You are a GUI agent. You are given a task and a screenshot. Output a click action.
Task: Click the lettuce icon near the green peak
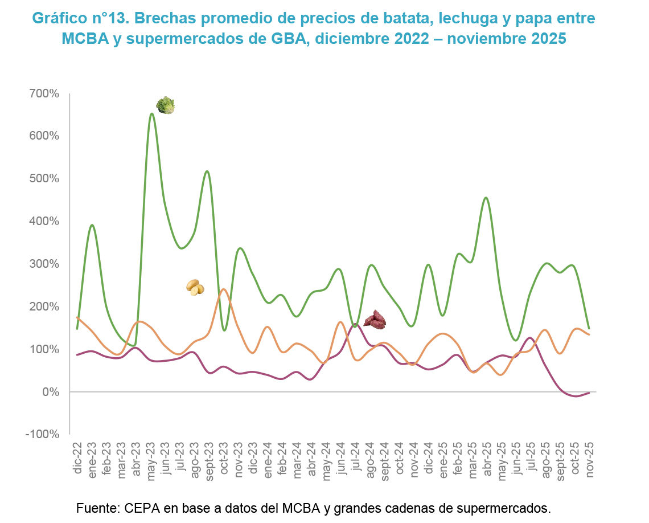tap(166, 105)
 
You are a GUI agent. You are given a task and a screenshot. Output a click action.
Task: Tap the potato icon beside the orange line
tap(195, 287)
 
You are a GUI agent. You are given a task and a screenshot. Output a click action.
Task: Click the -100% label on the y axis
tap(43, 434)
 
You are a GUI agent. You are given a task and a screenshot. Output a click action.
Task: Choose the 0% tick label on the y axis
tap(50, 392)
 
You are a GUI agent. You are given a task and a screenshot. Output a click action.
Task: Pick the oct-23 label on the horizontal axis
tap(224, 458)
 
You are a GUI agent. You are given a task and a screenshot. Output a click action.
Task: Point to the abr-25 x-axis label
tap(487, 458)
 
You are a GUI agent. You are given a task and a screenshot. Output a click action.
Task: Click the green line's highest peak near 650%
tap(151, 113)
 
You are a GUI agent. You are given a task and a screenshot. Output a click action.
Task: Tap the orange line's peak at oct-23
tap(224, 289)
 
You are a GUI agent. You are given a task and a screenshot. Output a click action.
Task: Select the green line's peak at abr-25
tap(486, 198)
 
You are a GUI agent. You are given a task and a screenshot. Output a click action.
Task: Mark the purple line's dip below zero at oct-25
tap(575, 396)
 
